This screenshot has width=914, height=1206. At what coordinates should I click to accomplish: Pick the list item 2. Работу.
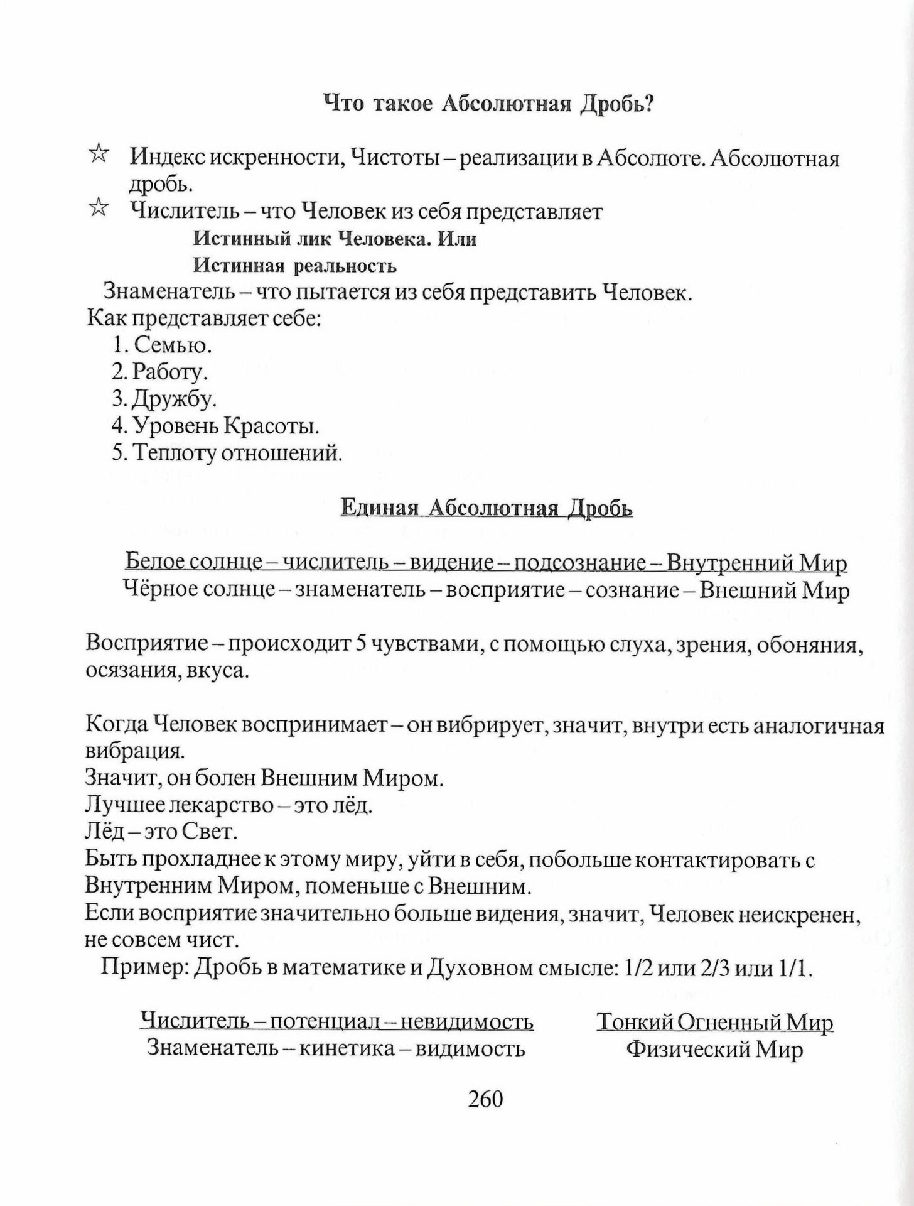[159, 372]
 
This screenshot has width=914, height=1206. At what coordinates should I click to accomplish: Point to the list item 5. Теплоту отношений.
[227, 453]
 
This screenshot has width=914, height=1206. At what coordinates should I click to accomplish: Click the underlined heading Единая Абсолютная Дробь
[487, 508]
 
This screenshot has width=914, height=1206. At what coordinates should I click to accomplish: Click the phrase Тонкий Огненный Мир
[714, 1022]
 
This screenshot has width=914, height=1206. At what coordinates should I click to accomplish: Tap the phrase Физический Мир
[714, 1050]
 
